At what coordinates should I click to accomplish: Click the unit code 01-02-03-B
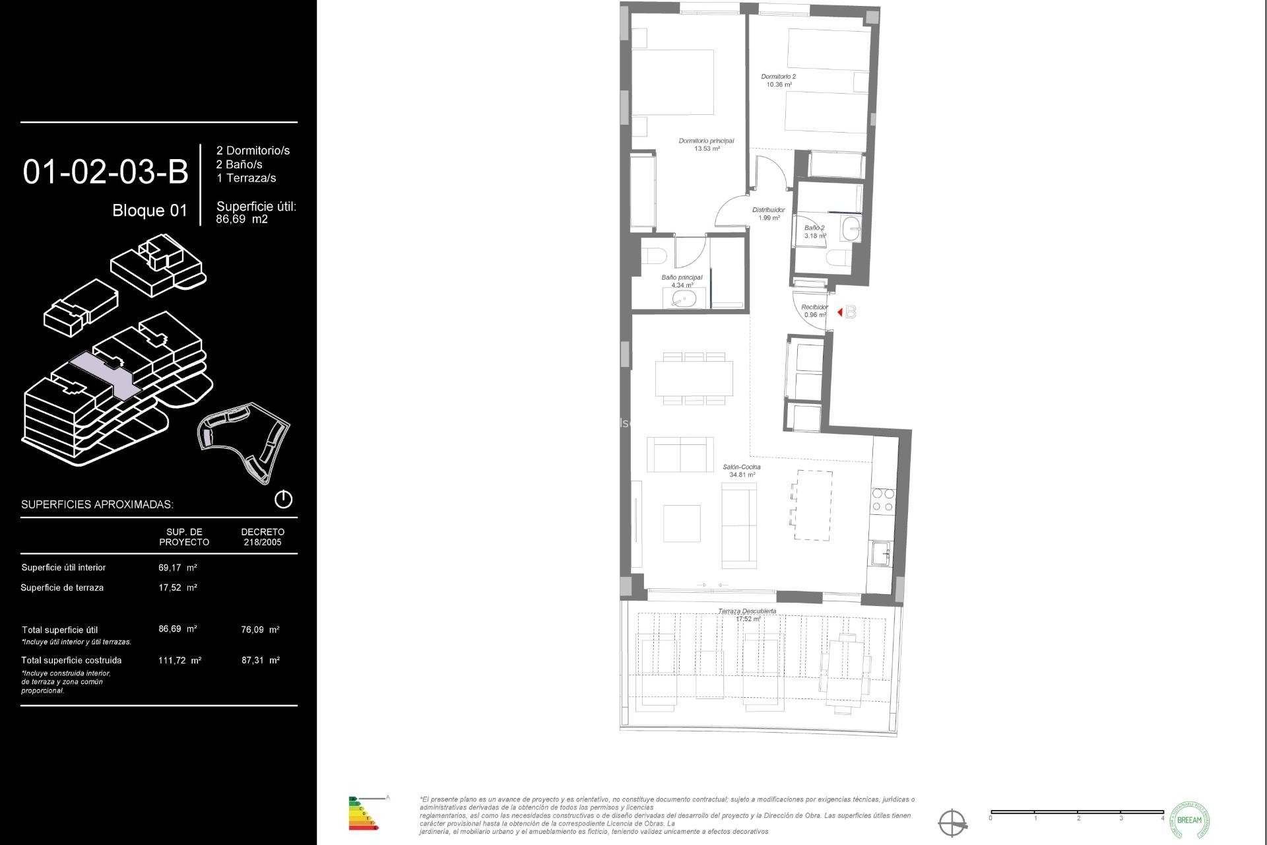tap(106, 172)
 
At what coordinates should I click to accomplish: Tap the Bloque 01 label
tap(150, 211)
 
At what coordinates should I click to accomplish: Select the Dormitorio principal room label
tap(706, 145)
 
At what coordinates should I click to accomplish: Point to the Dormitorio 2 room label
tap(779, 81)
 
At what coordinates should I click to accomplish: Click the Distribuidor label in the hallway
tap(769, 214)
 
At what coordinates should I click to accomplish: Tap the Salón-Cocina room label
tap(742, 471)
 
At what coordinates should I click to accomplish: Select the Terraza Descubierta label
tap(747, 615)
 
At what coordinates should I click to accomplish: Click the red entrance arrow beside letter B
tap(839, 312)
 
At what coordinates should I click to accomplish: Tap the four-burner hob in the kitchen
tap(883, 500)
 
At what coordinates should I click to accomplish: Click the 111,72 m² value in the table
tap(179, 660)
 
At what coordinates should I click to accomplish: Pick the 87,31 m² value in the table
tap(261, 660)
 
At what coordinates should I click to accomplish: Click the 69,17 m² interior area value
tap(178, 567)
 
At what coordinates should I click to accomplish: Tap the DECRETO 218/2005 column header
tap(263, 537)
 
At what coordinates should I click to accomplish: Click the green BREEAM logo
tap(1189, 820)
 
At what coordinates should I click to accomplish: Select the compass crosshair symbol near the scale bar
tap(953, 823)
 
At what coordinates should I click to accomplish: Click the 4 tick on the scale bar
tap(1162, 818)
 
